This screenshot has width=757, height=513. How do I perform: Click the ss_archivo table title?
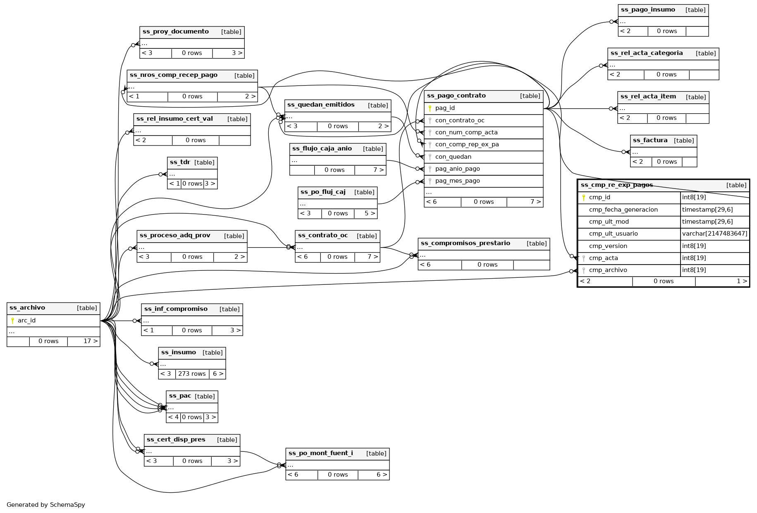(x=27, y=308)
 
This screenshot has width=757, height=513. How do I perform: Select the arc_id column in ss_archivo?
(x=26, y=320)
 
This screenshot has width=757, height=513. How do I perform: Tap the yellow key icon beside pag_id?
(x=430, y=108)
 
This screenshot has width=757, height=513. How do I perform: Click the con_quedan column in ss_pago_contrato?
(x=453, y=157)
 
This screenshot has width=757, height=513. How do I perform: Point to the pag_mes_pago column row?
(x=457, y=181)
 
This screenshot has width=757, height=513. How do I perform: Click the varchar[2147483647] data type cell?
(x=714, y=234)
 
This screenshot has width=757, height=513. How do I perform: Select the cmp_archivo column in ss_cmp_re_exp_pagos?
(x=608, y=270)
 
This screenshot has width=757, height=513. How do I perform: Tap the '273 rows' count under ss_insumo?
(x=192, y=374)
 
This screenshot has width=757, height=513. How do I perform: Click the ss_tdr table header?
(x=180, y=162)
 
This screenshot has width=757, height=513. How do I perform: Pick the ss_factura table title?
(x=650, y=141)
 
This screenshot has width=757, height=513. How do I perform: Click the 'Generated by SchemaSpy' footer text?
(x=46, y=505)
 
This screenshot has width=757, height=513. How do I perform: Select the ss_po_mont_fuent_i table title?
(x=321, y=453)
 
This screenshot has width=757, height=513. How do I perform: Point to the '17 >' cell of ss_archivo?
(x=91, y=341)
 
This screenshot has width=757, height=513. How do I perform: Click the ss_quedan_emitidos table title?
(x=321, y=105)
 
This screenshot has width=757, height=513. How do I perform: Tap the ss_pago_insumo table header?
(x=648, y=10)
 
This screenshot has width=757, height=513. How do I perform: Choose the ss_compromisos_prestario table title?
(x=465, y=243)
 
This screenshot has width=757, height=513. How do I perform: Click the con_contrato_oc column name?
(x=460, y=120)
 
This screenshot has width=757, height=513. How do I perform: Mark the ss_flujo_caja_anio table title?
(x=322, y=149)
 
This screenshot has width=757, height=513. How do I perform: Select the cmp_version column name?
(x=608, y=246)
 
